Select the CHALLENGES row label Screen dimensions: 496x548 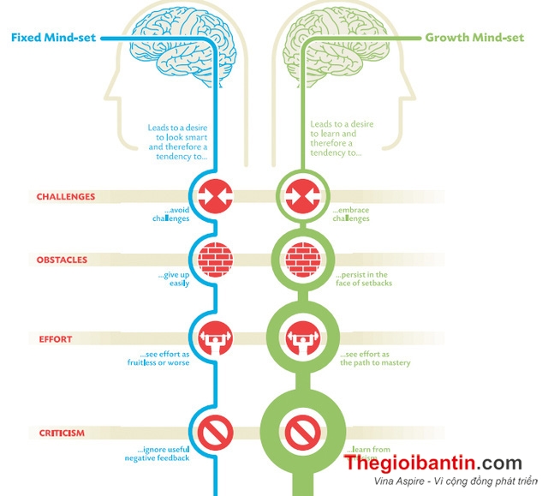coord(66,196)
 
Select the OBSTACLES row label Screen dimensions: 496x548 coord(62,260)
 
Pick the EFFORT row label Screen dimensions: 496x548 coord(55,338)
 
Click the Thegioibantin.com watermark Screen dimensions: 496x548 coord(444,464)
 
